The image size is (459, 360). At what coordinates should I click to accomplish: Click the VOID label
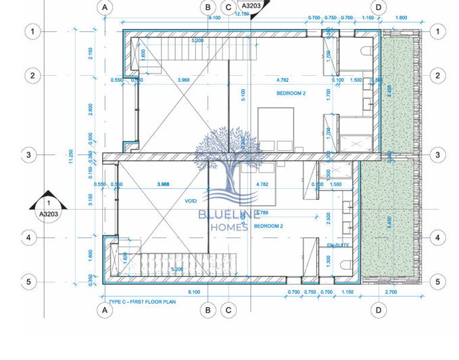point(190,201)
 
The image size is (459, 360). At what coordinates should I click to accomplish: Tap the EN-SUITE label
point(338,244)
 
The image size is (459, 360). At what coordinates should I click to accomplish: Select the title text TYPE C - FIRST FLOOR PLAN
point(142,301)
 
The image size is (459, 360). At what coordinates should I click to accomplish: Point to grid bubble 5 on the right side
point(437,282)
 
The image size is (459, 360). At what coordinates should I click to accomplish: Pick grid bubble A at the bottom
point(105,311)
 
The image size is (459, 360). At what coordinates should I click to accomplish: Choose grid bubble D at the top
point(379,7)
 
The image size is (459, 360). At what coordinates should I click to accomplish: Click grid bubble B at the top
point(208,7)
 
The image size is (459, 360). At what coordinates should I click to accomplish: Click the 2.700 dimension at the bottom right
point(391,292)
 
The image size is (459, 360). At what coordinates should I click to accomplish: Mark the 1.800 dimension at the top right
point(401,18)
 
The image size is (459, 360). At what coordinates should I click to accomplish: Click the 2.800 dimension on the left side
point(91,109)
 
